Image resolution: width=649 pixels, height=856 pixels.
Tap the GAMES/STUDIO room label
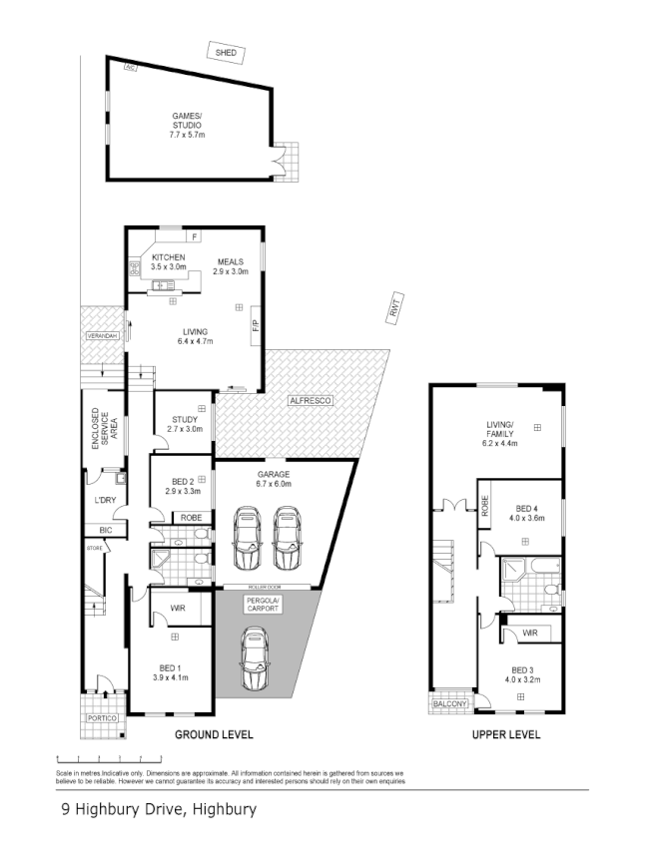click(x=187, y=126)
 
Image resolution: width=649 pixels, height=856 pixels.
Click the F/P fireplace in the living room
click(x=256, y=325)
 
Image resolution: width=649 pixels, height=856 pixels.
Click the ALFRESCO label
click(x=310, y=400)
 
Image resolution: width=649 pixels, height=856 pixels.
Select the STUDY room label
click(x=185, y=424)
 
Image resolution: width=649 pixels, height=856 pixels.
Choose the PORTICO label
click(x=102, y=718)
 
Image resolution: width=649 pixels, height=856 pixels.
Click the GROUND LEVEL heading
click(x=214, y=735)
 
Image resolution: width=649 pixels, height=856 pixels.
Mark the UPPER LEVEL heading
click(x=506, y=735)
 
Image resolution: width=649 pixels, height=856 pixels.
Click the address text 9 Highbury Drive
click(x=158, y=810)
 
